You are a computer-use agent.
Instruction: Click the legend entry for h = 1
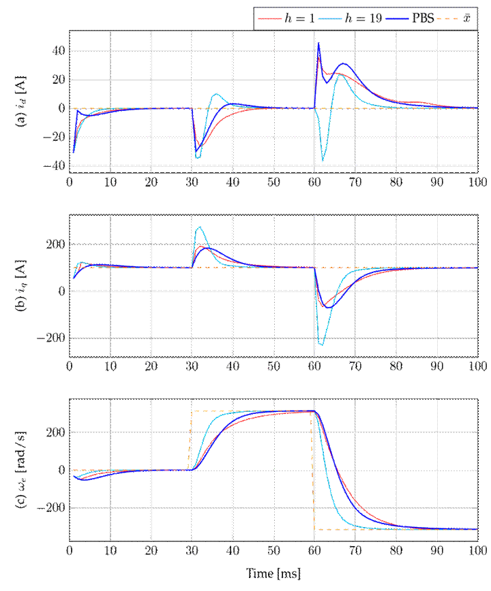click(284, 18)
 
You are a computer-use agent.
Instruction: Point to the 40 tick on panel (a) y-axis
click(57, 50)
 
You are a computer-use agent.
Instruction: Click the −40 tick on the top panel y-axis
click(54, 165)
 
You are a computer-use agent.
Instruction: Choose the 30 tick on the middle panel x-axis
click(192, 366)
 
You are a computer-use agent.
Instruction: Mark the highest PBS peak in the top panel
click(318, 44)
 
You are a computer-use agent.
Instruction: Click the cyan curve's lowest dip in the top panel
click(323, 161)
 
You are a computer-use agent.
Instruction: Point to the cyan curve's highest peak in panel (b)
click(199, 226)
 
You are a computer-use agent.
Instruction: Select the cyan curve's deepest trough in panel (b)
click(321, 346)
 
